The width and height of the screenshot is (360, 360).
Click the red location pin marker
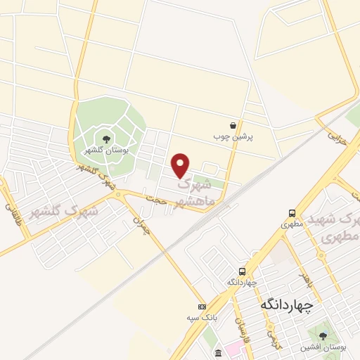181,165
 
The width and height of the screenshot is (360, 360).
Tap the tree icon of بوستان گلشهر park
106,139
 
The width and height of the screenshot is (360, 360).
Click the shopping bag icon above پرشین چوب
233,125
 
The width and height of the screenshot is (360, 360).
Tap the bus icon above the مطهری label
291,214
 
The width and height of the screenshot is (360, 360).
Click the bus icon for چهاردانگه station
242,271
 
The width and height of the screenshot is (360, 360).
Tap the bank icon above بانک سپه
202,307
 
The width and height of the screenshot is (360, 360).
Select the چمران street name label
142,225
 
